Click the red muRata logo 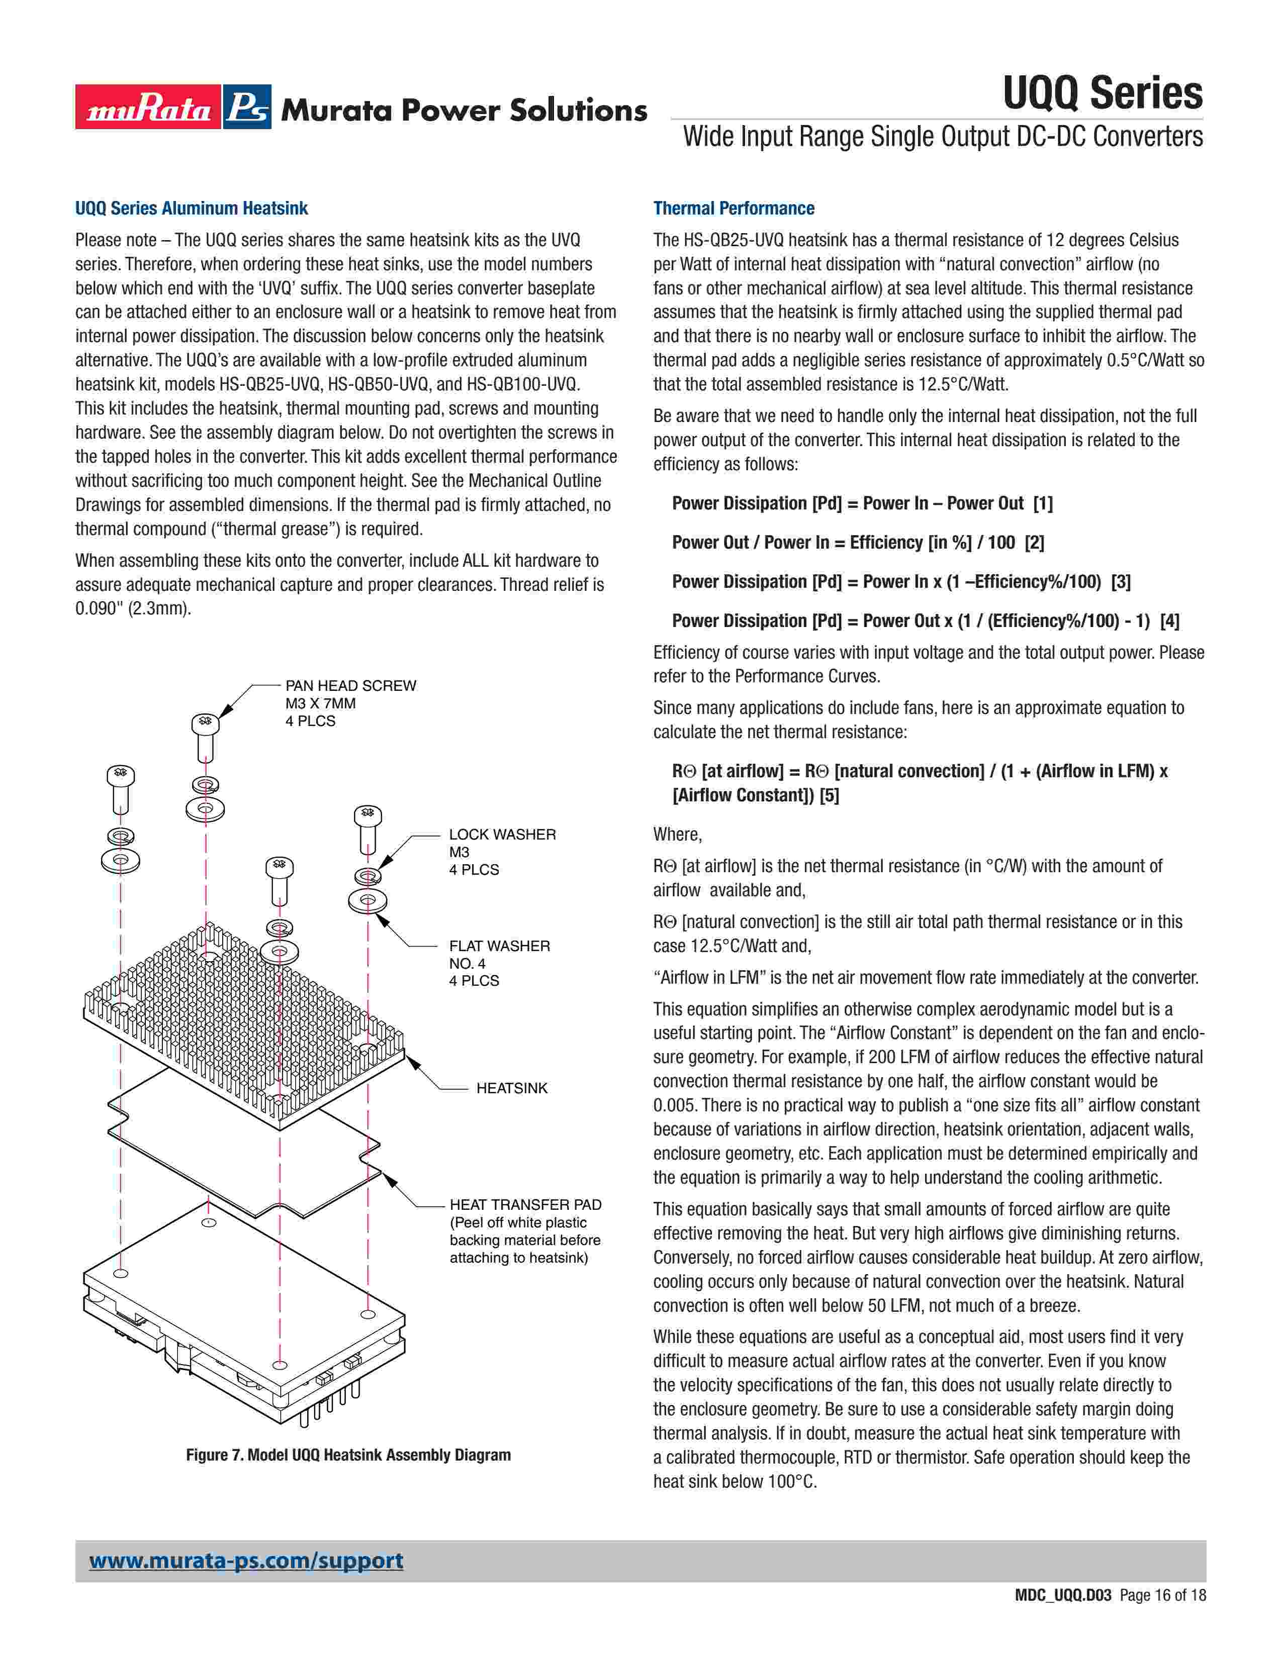(x=148, y=107)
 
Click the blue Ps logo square (x=247, y=107)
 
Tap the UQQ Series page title (x=1102, y=93)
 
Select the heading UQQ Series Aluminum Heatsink (x=192, y=209)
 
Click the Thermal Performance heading (x=734, y=209)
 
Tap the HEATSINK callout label (x=511, y=1088)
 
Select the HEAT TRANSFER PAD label (x=525, y=1205)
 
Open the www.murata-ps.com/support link (x=246, y=1561)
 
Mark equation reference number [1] (x=1043, y=503)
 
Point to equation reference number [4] (x=1169, y=621)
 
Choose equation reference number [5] (x=830, y=796)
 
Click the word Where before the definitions (x=677, y=835)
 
